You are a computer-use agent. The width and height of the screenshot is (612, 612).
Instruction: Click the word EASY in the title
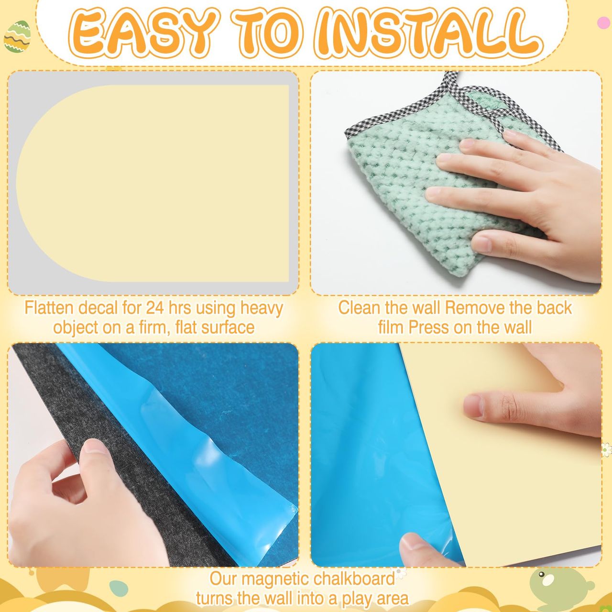140,35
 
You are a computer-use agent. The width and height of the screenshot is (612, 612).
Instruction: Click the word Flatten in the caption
50,308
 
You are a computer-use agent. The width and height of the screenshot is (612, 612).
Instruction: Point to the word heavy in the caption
262,309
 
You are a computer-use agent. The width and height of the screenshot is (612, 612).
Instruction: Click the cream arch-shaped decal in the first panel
153,183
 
